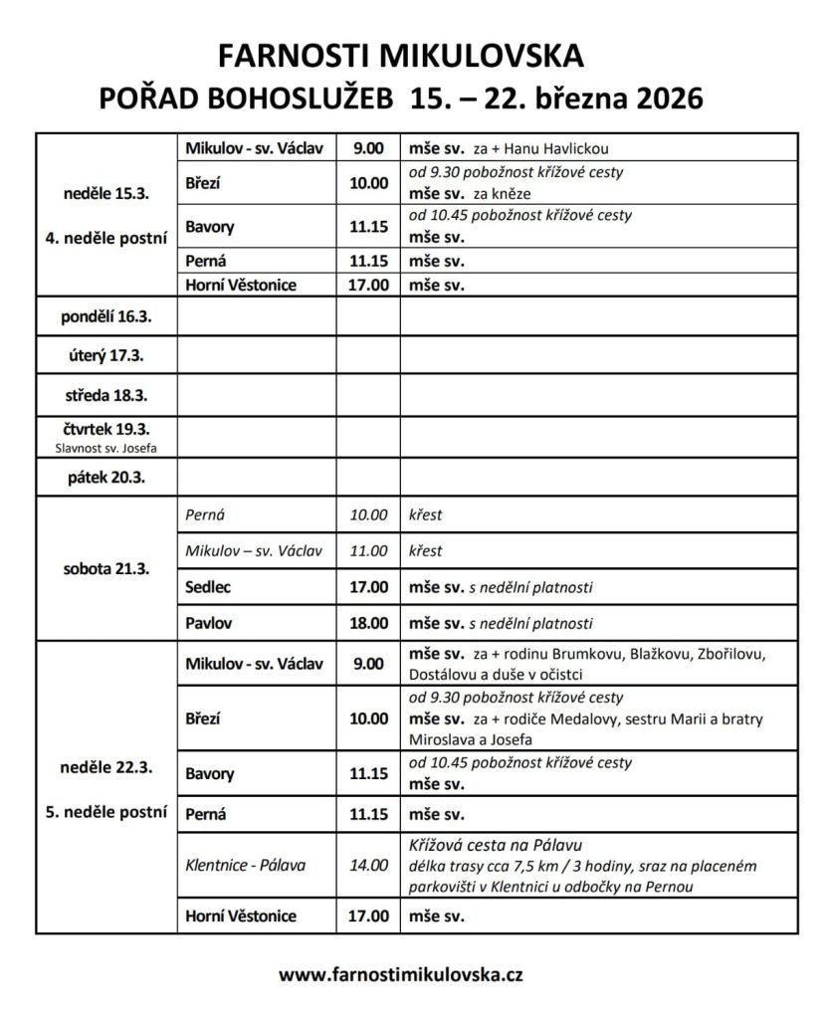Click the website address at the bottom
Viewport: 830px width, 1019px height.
(x=415, y=975)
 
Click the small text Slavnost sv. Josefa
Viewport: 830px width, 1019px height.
(x=104, y=448)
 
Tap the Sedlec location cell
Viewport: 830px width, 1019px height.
(x=208, y=587)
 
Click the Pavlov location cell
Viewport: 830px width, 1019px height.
(x=207, y=624)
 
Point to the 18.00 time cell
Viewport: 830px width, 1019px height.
(x=367, y=624)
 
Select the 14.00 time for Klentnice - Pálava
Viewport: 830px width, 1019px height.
(x=367, y=865)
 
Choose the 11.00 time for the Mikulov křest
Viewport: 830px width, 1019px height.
(x=367, y=550)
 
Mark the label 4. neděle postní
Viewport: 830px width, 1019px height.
(x=104, y=237)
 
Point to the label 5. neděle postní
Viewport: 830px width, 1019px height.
(x=104, y=811)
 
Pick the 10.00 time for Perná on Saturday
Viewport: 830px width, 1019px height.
(x=367, y=515)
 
